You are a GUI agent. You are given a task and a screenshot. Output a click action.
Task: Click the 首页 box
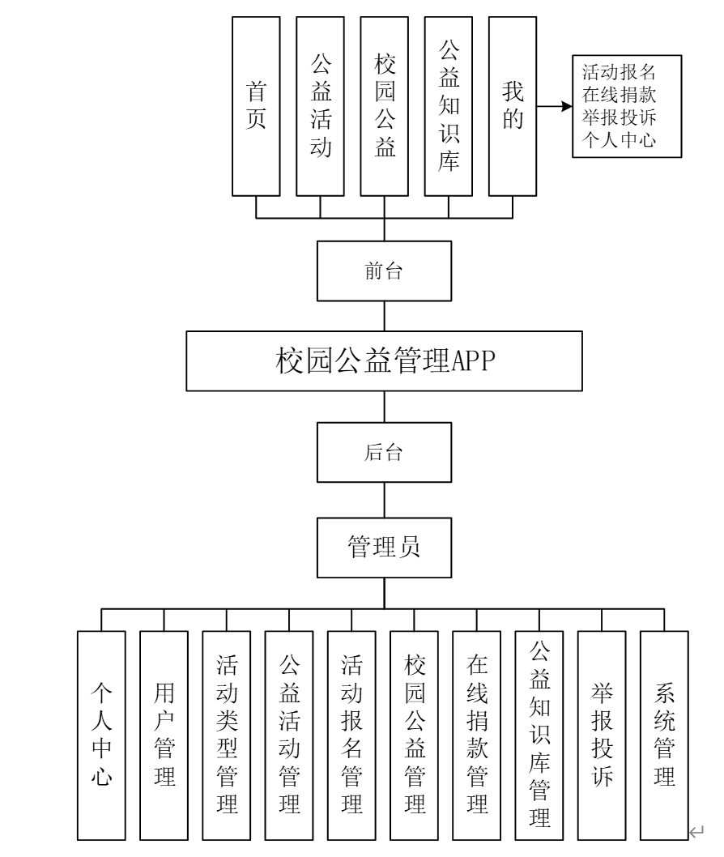coord(256,105)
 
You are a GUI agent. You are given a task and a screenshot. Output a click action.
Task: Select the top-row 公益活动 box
coord(321,105)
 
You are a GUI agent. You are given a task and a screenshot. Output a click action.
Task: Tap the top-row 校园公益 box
coord(385,105)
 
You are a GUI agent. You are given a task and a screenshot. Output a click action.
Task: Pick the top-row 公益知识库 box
coord(449,105)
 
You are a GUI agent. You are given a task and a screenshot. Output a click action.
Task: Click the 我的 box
coord(513,105)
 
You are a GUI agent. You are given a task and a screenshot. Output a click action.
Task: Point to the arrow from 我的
coord(553,106)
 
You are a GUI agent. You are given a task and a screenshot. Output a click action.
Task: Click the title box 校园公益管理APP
coord(384,360)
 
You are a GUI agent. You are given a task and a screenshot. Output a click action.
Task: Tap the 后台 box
coord(384,451)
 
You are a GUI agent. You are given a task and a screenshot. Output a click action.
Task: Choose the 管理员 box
coord(384,548)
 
